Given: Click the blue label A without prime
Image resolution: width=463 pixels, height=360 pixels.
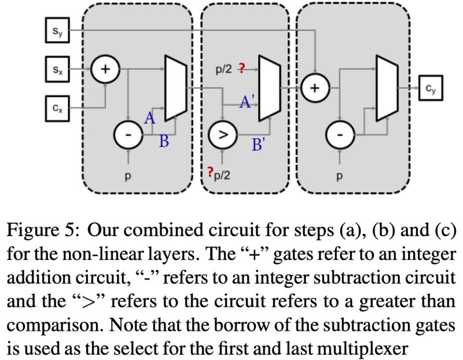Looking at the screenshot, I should pos(150,119).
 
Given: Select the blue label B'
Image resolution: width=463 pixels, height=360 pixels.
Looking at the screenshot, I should pos(258,145).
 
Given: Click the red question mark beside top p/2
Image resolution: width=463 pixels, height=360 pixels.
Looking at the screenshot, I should pos(241,69).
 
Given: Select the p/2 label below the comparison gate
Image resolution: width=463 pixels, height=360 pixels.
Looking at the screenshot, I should pos(222,174).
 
